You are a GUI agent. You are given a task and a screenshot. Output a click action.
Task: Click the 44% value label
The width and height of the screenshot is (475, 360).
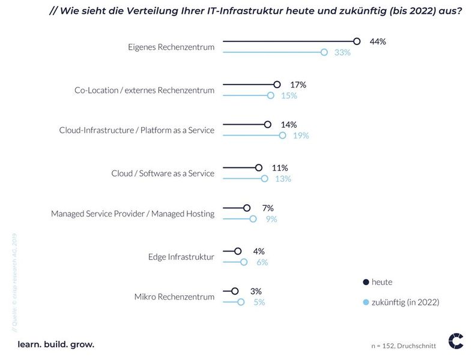tap(378, 41)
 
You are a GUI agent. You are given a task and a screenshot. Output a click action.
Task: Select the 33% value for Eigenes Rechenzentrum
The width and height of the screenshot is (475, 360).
tap(342, 52)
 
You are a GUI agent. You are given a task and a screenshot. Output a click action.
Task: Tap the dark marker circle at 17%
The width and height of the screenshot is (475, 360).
tap(277, 85)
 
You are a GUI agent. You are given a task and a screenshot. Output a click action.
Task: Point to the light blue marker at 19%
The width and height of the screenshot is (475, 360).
tap(282, 136)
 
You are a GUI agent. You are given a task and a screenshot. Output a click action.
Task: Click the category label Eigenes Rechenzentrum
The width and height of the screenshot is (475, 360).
tap(171, 47)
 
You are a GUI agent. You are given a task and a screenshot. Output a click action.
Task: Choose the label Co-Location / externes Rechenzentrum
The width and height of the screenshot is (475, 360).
tap(144, 90)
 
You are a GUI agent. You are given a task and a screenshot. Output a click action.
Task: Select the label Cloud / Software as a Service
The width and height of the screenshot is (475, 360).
tap(163, 173)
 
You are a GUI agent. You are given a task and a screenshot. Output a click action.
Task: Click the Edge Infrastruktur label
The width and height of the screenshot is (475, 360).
tap(181, 257)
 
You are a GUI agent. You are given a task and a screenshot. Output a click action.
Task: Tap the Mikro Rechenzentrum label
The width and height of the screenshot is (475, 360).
tap(174, 296)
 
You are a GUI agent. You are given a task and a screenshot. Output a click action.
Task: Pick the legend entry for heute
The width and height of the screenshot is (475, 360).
tap(381, 282)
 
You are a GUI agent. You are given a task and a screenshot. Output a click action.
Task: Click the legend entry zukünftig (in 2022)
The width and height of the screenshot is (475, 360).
tap(405, 302)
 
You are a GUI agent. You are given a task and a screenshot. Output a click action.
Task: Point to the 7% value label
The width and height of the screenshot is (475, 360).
tap(268, 208)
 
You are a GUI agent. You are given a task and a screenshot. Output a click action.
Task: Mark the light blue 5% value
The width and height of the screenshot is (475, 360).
tap(259, 302)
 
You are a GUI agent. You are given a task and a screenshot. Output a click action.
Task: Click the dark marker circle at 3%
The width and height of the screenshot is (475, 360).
tap(235, 291)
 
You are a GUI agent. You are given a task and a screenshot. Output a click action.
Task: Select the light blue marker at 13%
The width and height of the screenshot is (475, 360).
tap(264, 179)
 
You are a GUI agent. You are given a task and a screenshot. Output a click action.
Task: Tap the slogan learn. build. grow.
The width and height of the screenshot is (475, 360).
tap(56, 344)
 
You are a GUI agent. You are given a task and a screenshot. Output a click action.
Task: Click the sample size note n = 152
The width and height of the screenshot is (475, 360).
tap(403, 346)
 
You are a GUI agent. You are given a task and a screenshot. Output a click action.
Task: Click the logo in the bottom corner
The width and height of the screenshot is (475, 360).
tap(456, 341)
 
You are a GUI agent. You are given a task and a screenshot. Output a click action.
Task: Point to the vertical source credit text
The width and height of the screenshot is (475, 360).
tap(15, 282)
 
